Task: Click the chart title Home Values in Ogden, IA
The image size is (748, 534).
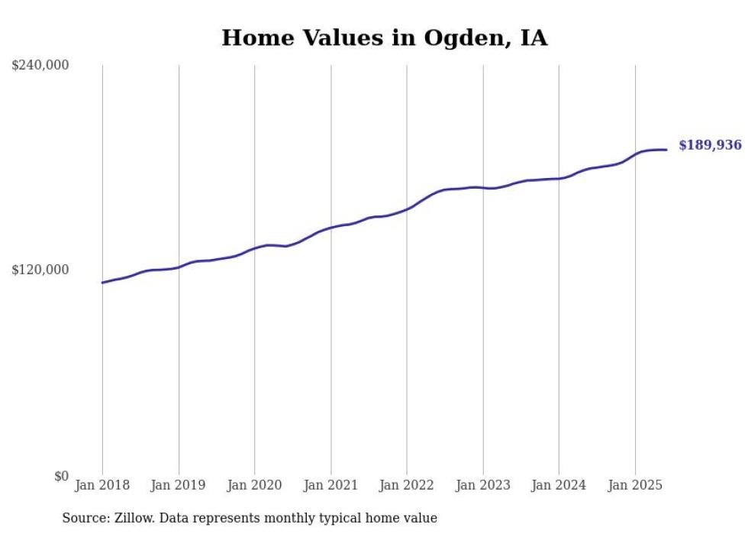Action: point(384,37)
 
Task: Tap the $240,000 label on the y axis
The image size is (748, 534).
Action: point(40,66)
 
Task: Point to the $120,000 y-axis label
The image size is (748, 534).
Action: point(40,270)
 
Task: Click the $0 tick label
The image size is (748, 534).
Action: point(61,476)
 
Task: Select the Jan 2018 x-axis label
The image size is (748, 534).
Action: point(102,485)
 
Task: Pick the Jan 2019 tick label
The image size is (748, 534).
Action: point(179,485)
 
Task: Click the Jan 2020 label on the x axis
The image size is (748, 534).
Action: point(254,485)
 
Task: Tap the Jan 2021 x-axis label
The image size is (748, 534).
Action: point(330,485)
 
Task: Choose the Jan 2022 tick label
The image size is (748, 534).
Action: point(407,485)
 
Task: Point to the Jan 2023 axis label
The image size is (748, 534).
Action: point(482,485)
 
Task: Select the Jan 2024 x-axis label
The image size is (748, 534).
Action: point(559,485)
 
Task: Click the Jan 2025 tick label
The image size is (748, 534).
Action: point(635,485)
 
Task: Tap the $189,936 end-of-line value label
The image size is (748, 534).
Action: point(710,144)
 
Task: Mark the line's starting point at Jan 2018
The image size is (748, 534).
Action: point(102,283)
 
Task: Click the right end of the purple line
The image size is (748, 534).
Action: point(667,150)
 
